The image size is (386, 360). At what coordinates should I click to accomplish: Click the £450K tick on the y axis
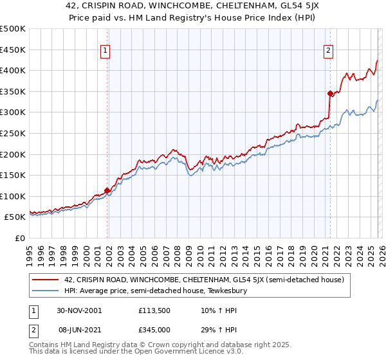coord(13,50)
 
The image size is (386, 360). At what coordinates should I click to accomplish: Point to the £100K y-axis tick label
coord(13,196)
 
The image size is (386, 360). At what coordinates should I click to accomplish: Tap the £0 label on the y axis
coord(20,238)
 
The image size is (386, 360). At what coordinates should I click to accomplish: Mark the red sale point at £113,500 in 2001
coord(107,190)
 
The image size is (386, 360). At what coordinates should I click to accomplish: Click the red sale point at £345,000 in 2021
coord(330,93)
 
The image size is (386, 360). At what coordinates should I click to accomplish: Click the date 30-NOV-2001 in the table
coord(78,310)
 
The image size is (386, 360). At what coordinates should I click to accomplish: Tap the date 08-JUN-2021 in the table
coord(78,328)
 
